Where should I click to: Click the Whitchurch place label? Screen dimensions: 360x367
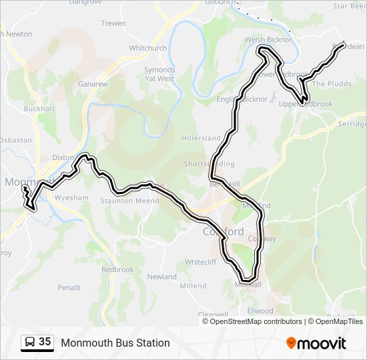[x=148, y=48]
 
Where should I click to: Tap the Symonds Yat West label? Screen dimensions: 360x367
[x=159, y=74]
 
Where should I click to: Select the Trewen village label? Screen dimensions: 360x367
[x=113, y=23]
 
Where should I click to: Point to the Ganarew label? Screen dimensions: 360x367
[x=93, y=85]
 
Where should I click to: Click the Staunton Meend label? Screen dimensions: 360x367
[x=129, y=201]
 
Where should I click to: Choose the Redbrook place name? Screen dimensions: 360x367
[x=117, y=270]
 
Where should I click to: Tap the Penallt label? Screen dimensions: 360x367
[x=69, y=288]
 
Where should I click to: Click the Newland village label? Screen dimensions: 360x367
[x=161, y=277]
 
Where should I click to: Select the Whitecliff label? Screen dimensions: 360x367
[x=201, y=262]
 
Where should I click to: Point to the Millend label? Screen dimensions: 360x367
[x=193, y=286]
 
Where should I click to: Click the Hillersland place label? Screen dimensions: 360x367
[x=201, y=138]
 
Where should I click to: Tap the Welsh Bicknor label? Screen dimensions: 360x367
[x=268, y=39]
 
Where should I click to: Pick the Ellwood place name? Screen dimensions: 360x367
[x=260, y=311]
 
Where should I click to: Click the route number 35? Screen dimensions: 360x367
[x=45, y=342]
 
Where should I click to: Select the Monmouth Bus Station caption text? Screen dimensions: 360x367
[x=115, y=343]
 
